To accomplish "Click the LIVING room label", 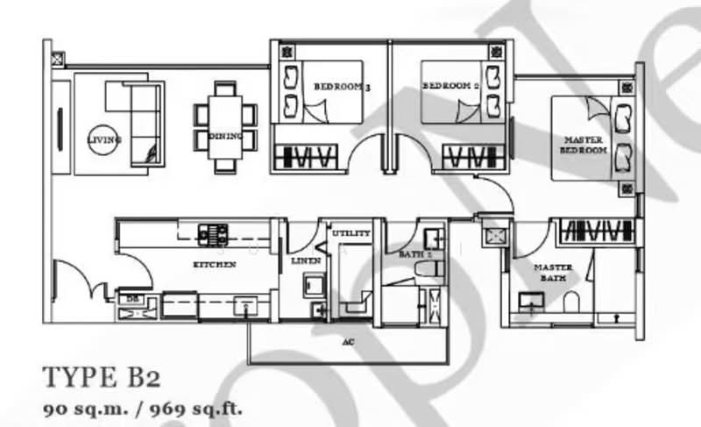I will click(103, 139).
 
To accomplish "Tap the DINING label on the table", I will click(220, 137).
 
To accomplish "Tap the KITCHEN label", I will click(215, 264).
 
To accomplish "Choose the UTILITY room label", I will click(351, 233).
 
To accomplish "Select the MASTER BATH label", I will click(553, 272).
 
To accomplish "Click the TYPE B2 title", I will click(102, 379).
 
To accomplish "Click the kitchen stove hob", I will click(214, 233).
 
